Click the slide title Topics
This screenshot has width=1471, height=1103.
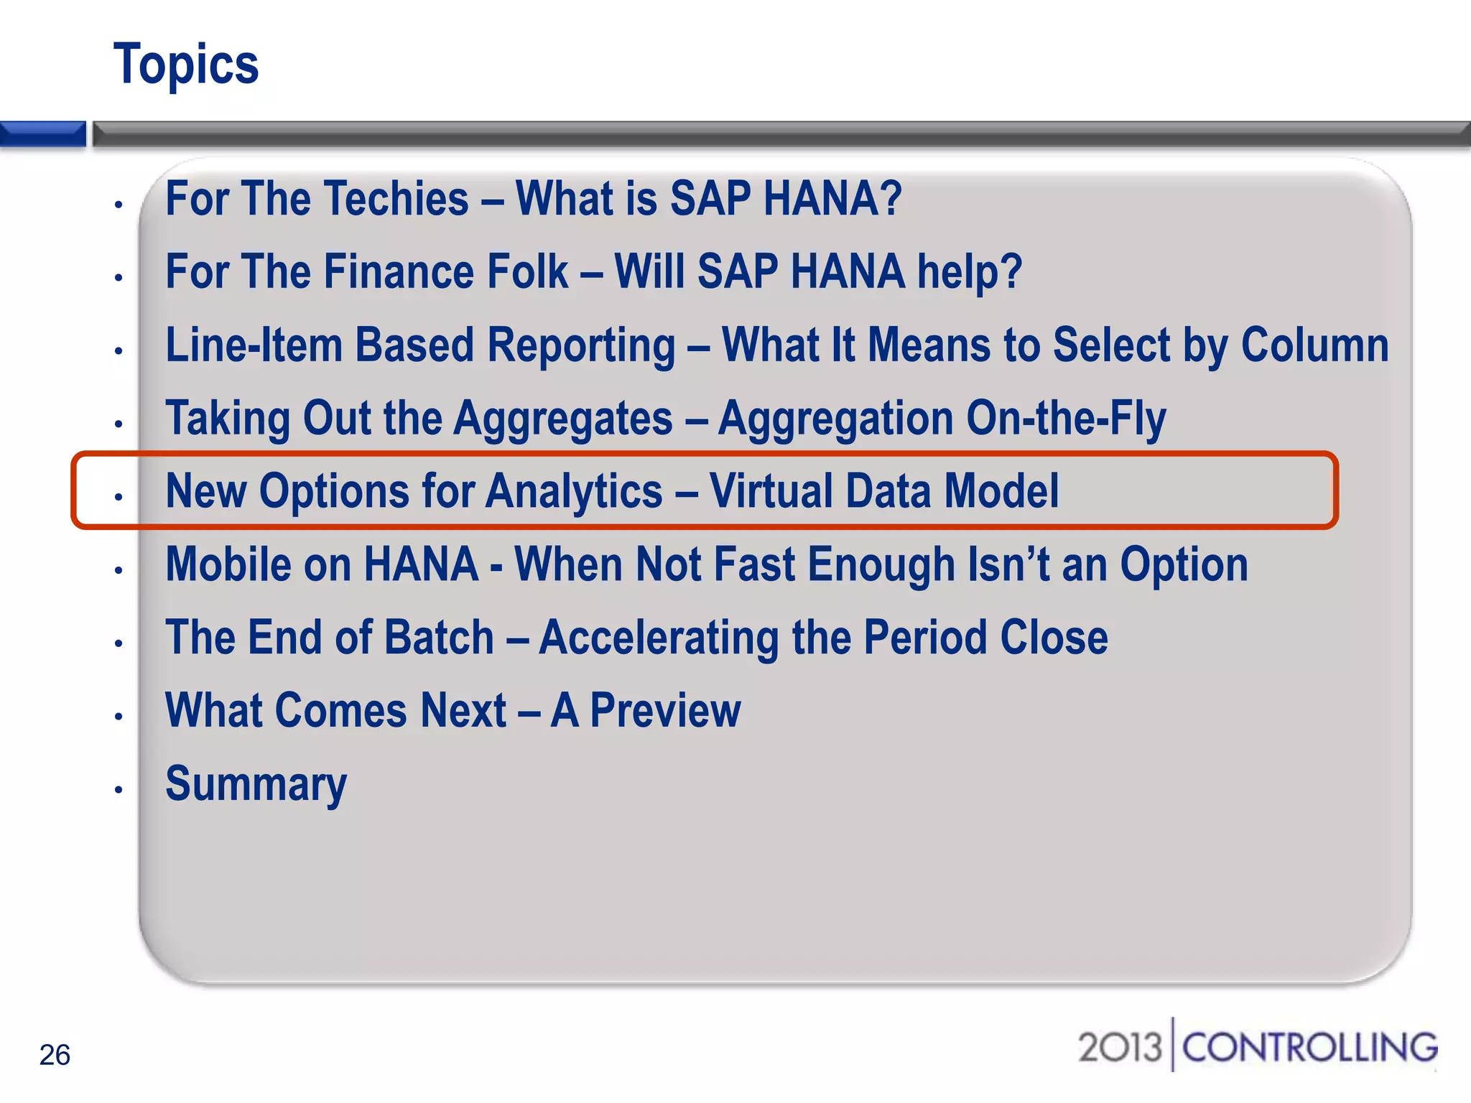point(186,65)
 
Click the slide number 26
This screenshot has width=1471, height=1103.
point(55,1055)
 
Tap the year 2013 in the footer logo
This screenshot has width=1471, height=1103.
point(1119,1047)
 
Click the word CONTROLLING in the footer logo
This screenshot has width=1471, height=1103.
point(1309,1047)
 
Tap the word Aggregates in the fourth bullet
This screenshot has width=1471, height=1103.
point(564,419)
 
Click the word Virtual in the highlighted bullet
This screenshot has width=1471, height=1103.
point(771,491)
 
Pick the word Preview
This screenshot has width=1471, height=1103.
point(665,711)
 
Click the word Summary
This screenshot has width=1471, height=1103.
point(256,784)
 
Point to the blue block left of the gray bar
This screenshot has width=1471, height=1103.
point(42,134)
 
